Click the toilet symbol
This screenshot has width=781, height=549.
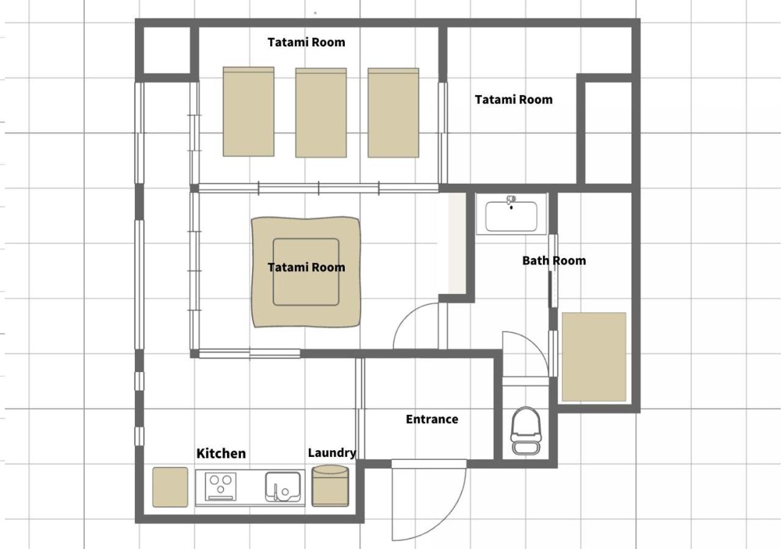[526, 431]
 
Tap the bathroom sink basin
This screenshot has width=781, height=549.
[511, 216]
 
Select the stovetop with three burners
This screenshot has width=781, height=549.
[220, 486]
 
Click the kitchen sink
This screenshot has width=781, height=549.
[283, 487]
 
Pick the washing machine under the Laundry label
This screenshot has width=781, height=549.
[330, 486]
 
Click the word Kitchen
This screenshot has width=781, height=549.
[221, 453]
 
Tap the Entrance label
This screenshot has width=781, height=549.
[432, 419]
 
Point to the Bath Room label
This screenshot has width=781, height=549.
[554, 260]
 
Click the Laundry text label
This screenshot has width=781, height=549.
[332, 453]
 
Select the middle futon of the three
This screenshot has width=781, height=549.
[321, 113]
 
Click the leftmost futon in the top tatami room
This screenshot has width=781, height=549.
[248, 112]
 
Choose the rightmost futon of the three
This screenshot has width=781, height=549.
[394, 113]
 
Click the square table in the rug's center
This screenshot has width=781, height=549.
[306, 272]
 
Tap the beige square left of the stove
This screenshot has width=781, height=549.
[170, 487]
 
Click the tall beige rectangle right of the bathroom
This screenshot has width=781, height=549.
[594, 357]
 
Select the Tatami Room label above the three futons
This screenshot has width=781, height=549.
[306, 42]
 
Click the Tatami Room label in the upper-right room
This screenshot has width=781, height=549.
[514, 99]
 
